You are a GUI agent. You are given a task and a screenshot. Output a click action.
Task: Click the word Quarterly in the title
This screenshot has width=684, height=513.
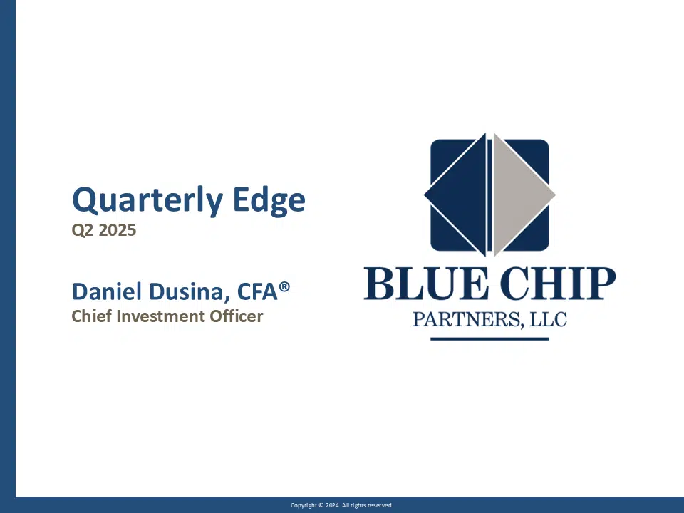click(x=147, y=201)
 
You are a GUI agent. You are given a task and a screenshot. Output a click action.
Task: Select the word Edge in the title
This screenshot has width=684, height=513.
click(x=269, y=201)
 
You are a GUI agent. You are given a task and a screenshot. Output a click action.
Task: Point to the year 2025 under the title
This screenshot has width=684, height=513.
click(x=118, y=229)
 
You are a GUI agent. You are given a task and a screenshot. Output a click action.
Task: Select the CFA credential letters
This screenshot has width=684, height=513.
click(x=257, y=291)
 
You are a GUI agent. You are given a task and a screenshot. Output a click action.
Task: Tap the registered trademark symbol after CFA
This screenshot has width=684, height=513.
click(x=284, y=286)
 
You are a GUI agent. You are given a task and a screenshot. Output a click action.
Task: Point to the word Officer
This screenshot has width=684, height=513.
click(x=237, y=316)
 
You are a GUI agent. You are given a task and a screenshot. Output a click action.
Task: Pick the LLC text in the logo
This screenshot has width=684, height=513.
click(x=548, y=319)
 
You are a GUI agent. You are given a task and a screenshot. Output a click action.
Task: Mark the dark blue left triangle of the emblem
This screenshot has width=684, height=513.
click(x=464, y=194)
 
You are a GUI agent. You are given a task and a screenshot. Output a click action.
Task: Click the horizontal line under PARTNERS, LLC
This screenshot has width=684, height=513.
click(x=489, y=338)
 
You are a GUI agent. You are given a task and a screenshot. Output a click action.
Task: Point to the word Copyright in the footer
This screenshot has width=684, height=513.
click(x=304, y=505)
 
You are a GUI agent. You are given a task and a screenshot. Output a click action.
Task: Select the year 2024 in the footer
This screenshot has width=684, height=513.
click(x=333, y=505)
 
